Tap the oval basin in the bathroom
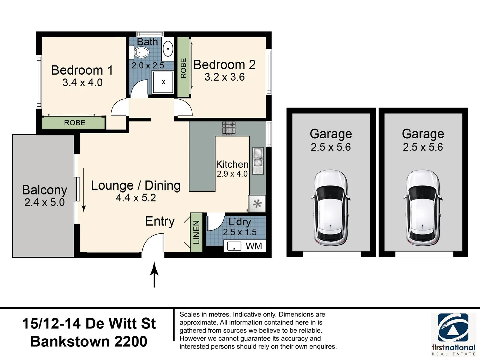[x=168, y=49]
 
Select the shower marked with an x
[x=163, y=82]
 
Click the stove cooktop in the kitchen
[x=229, y=128]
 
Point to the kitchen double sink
[x=258, y=158]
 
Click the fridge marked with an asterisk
[x=257, y=204]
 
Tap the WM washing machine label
[x=254, y=246]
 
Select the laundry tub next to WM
[x=234, y=246]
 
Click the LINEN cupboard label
[x=196, y=232]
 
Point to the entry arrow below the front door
[x=154, y=275]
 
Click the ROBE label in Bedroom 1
[x=75, y=123]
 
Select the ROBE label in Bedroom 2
[x=183, y=68]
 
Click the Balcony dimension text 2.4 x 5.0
[x=44, y=202]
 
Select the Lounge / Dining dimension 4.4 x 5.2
[x=136, y=198]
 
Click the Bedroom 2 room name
[x=224, y=65]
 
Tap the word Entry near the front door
[x=160, y=221]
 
